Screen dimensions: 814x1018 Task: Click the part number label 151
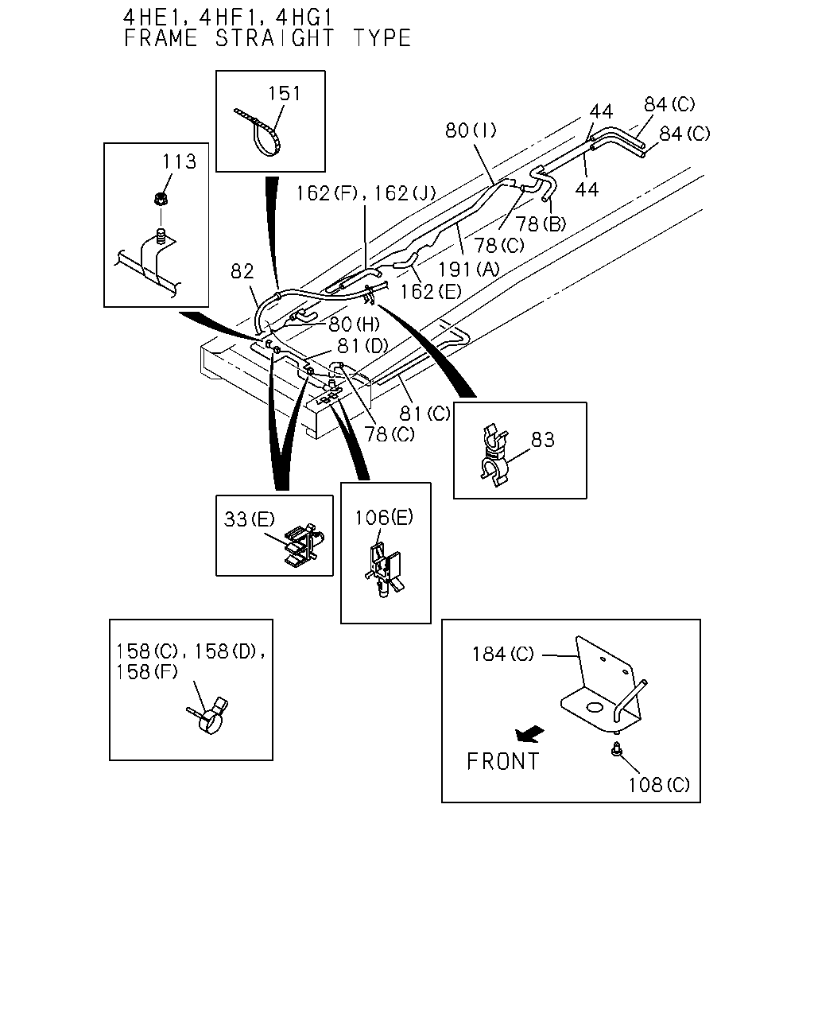pos(285,93)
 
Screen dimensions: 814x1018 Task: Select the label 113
pos(180,161)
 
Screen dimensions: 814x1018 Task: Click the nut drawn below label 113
pos(161,199)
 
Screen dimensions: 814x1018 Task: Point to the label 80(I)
pos(471,130)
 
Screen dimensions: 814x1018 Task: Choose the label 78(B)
pos(541,223)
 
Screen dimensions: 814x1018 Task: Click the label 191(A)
pos(469,269)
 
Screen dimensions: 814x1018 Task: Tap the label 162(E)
pos(430,291)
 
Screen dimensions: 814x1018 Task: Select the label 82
pos(242,271)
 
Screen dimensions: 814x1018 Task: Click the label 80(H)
pos(355,324)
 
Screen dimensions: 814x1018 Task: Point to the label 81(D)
pos(362,346)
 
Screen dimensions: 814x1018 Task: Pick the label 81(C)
pos(425,414)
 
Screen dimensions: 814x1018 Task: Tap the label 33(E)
pos(250,519)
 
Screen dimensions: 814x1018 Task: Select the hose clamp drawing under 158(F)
pos(209,716)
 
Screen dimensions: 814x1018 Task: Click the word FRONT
pos(502,761)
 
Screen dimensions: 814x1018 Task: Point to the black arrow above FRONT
pos(529,734)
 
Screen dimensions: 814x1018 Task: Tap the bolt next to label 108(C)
pos(616,749)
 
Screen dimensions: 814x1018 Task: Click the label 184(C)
pos(502,655)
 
